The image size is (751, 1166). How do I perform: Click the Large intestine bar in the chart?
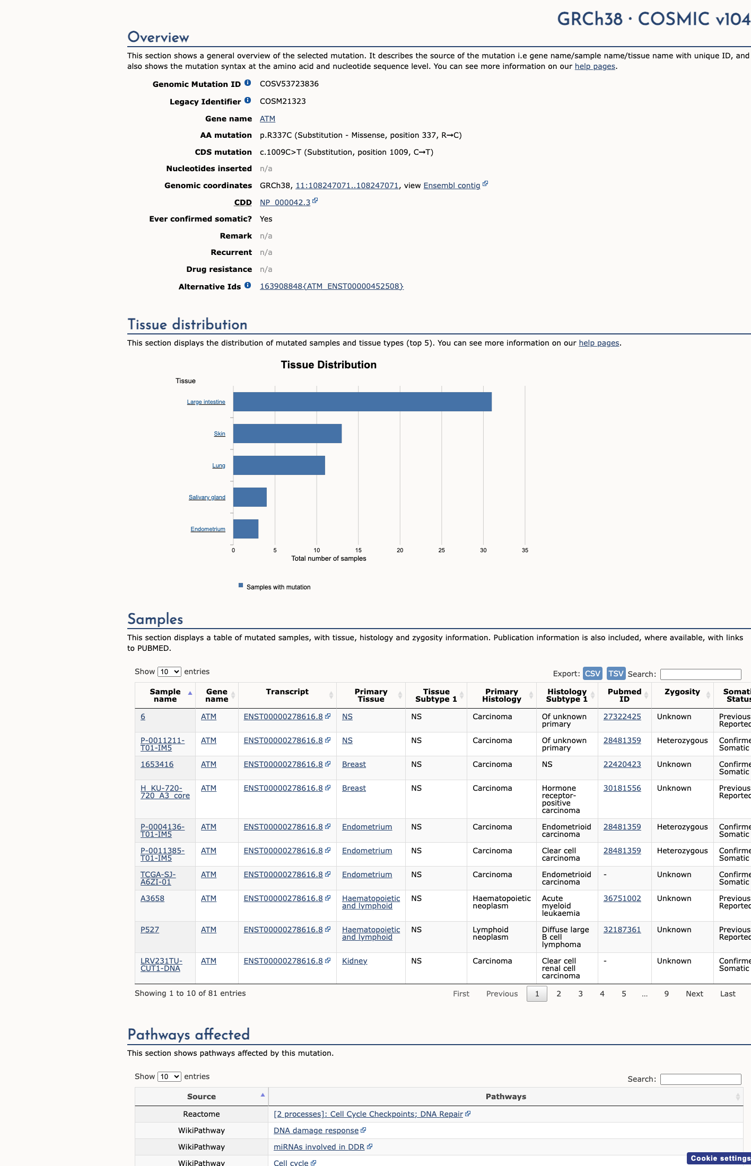click(362, 402)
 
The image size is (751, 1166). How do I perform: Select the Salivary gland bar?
click(250, 497)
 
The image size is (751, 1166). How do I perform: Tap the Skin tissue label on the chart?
click(220, 434)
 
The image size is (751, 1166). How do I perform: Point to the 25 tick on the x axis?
click(442, 550)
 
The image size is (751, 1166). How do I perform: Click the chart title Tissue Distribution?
click(329, 365)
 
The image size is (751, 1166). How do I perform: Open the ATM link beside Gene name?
click(267, 119)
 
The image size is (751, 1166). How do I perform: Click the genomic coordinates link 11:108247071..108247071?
click(347, 185)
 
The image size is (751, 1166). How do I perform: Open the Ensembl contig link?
click(452, 185)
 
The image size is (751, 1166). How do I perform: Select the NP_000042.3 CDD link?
click(285, 202)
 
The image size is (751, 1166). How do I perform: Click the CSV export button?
click(592, 674)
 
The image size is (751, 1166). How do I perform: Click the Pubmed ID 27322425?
click(622, 717)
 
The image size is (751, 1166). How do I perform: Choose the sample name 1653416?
click(157, 764)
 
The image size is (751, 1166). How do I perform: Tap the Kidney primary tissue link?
click(355, 961)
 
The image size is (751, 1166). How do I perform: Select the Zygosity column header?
click(682, 692)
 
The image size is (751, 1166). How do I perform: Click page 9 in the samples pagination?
click(667, 994)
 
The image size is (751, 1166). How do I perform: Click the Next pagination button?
click(694, 994)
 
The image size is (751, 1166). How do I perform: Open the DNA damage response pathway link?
click(316, 1130)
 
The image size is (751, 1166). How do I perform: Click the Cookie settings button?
click(720, 1159)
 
